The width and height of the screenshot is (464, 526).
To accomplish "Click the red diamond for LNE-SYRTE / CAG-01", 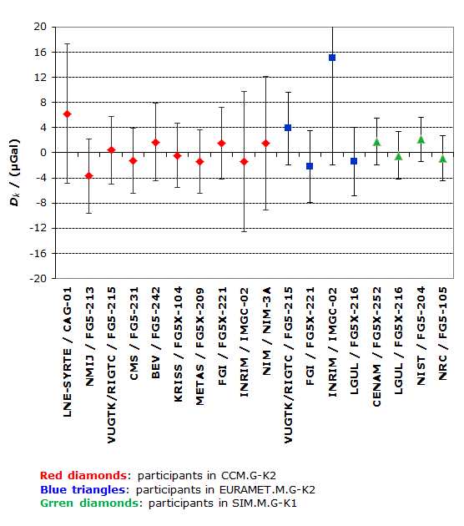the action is [67, 114].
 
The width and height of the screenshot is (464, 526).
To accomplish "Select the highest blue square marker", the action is [332, 58].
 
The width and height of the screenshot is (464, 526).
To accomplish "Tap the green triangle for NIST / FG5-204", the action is [421, 139].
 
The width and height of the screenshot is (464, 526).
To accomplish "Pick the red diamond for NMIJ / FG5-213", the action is [88, 176].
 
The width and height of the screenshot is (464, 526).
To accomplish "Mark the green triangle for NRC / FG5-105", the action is [443, 159].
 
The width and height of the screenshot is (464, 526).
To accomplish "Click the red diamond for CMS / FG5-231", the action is [134, 161].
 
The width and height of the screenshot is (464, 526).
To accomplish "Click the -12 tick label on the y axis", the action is [38, 228].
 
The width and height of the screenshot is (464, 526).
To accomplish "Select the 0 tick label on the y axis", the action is [43, 153].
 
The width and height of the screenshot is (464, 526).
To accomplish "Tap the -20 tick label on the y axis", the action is [38, 278].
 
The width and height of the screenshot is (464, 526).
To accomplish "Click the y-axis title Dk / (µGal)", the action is [15, 173].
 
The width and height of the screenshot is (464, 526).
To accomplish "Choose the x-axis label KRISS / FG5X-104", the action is [178, 344].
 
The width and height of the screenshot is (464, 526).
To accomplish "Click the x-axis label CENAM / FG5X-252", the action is [377, 346].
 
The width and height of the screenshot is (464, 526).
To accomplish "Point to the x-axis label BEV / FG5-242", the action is [156, 333].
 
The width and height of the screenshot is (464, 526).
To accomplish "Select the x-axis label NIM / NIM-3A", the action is [266, 331].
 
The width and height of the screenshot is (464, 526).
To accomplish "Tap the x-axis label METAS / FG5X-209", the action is [199, 346].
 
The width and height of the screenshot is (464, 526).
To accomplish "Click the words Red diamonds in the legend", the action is [83, 476].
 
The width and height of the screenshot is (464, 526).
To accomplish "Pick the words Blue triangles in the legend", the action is [83, 490].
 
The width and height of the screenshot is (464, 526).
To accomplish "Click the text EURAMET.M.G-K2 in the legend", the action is [268, 490].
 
